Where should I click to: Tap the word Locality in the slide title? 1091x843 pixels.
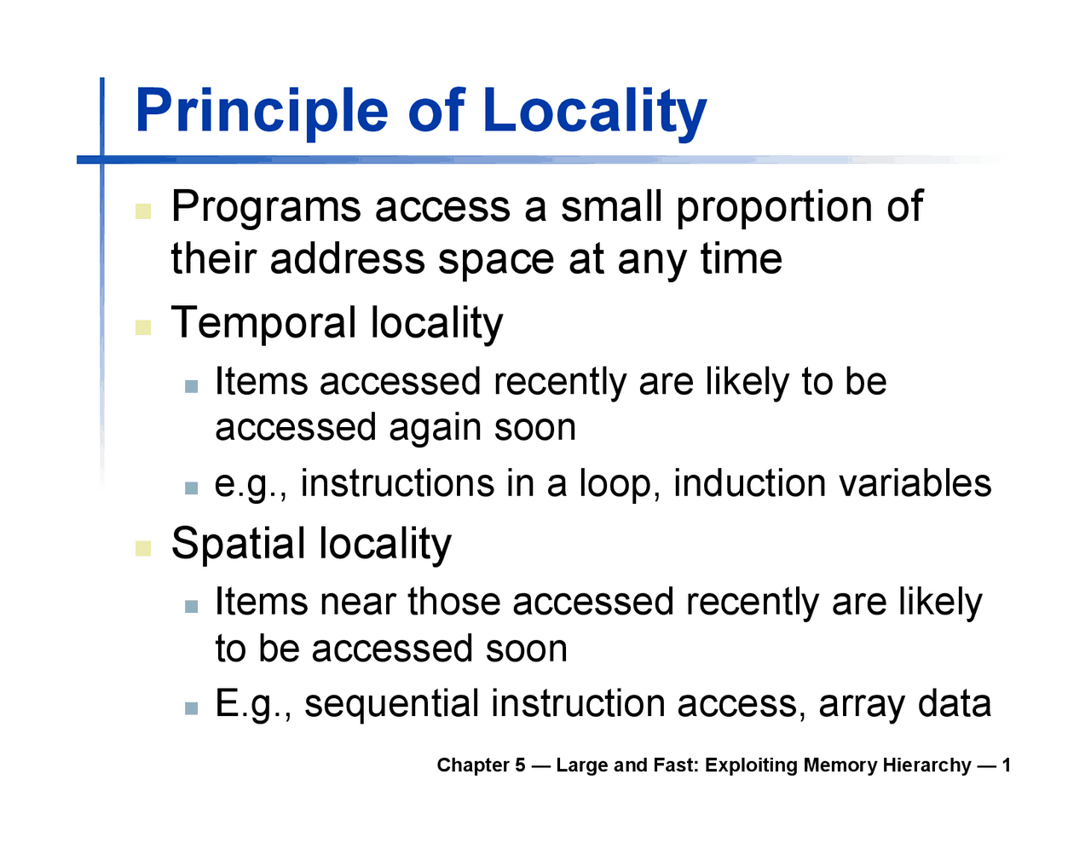point(594,112)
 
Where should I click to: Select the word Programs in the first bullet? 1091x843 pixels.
point(266,208)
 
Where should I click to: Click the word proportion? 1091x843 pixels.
point(773,208)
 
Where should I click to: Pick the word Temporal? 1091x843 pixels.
point(264,323)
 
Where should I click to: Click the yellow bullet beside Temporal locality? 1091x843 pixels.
point(143,326)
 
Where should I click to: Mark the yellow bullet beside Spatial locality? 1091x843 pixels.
point(143,547)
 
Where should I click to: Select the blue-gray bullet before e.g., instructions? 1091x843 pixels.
point(191,488)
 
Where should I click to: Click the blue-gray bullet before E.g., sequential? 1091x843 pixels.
point(191,708)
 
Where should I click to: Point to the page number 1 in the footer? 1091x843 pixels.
point(1006,765)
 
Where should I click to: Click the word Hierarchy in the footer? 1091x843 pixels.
point(926,765)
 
